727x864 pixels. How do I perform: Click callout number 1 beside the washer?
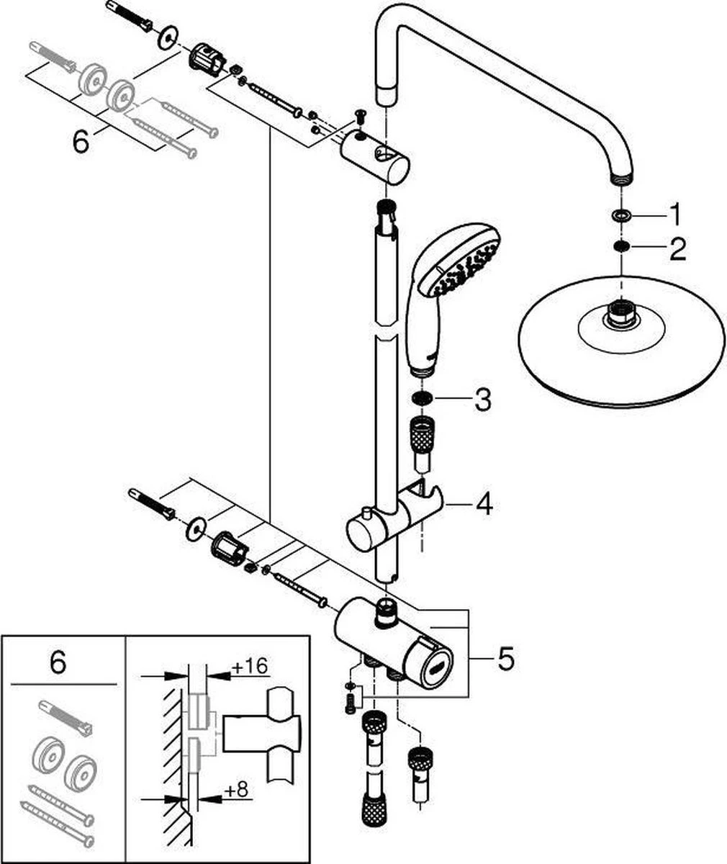pos(674,215)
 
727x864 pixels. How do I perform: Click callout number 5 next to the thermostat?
pos(506,659)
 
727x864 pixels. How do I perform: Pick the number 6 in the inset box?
pos(58,662)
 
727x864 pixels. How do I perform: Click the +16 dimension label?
pos(250,666)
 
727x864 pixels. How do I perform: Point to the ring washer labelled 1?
pos(619,215)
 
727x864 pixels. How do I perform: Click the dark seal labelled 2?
pos(619,248)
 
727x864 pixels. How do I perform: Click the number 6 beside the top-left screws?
pos(81,142)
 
